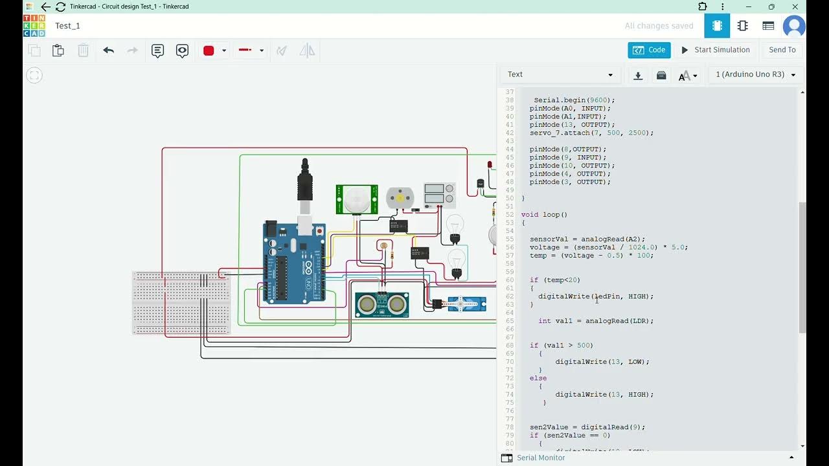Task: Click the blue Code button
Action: [649, 50]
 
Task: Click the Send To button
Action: [782, 50]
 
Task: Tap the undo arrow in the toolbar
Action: [108, 50]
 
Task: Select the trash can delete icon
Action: [84, 50]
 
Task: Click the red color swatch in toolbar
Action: [209, 50]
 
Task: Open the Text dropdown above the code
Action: [560, 74]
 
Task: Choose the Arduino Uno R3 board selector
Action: [755, 74]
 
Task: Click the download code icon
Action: [638, 75]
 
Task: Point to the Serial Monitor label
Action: [541, 458]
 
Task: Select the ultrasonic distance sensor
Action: [381, 304]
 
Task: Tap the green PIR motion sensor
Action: [356, 199]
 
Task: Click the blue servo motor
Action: [466, 304]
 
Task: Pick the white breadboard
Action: [181, 302]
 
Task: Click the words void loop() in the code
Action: [544, 214]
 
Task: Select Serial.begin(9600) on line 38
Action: [574, 100]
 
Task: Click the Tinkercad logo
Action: [34, 26]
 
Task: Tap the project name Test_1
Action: [67, 26]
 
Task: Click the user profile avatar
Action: [793, 26]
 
